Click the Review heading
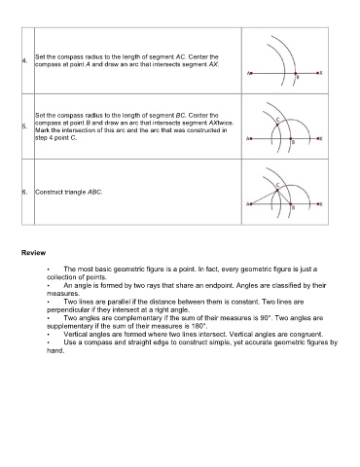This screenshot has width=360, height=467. click(x=33, y=253)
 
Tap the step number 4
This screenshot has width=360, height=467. click(x=24, y=60)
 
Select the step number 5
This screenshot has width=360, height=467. click(x=24, y=126)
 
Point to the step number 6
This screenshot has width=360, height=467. click(x=24, y=192)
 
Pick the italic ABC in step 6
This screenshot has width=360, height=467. click(x=95, y=192)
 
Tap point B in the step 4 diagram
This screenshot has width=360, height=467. click(x=295, y=73)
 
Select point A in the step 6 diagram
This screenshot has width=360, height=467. click(x=251, y=204)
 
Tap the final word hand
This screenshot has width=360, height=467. click(x=55, y=350)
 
